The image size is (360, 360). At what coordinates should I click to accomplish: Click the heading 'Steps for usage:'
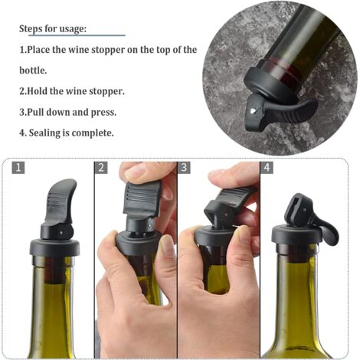[52, 29]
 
